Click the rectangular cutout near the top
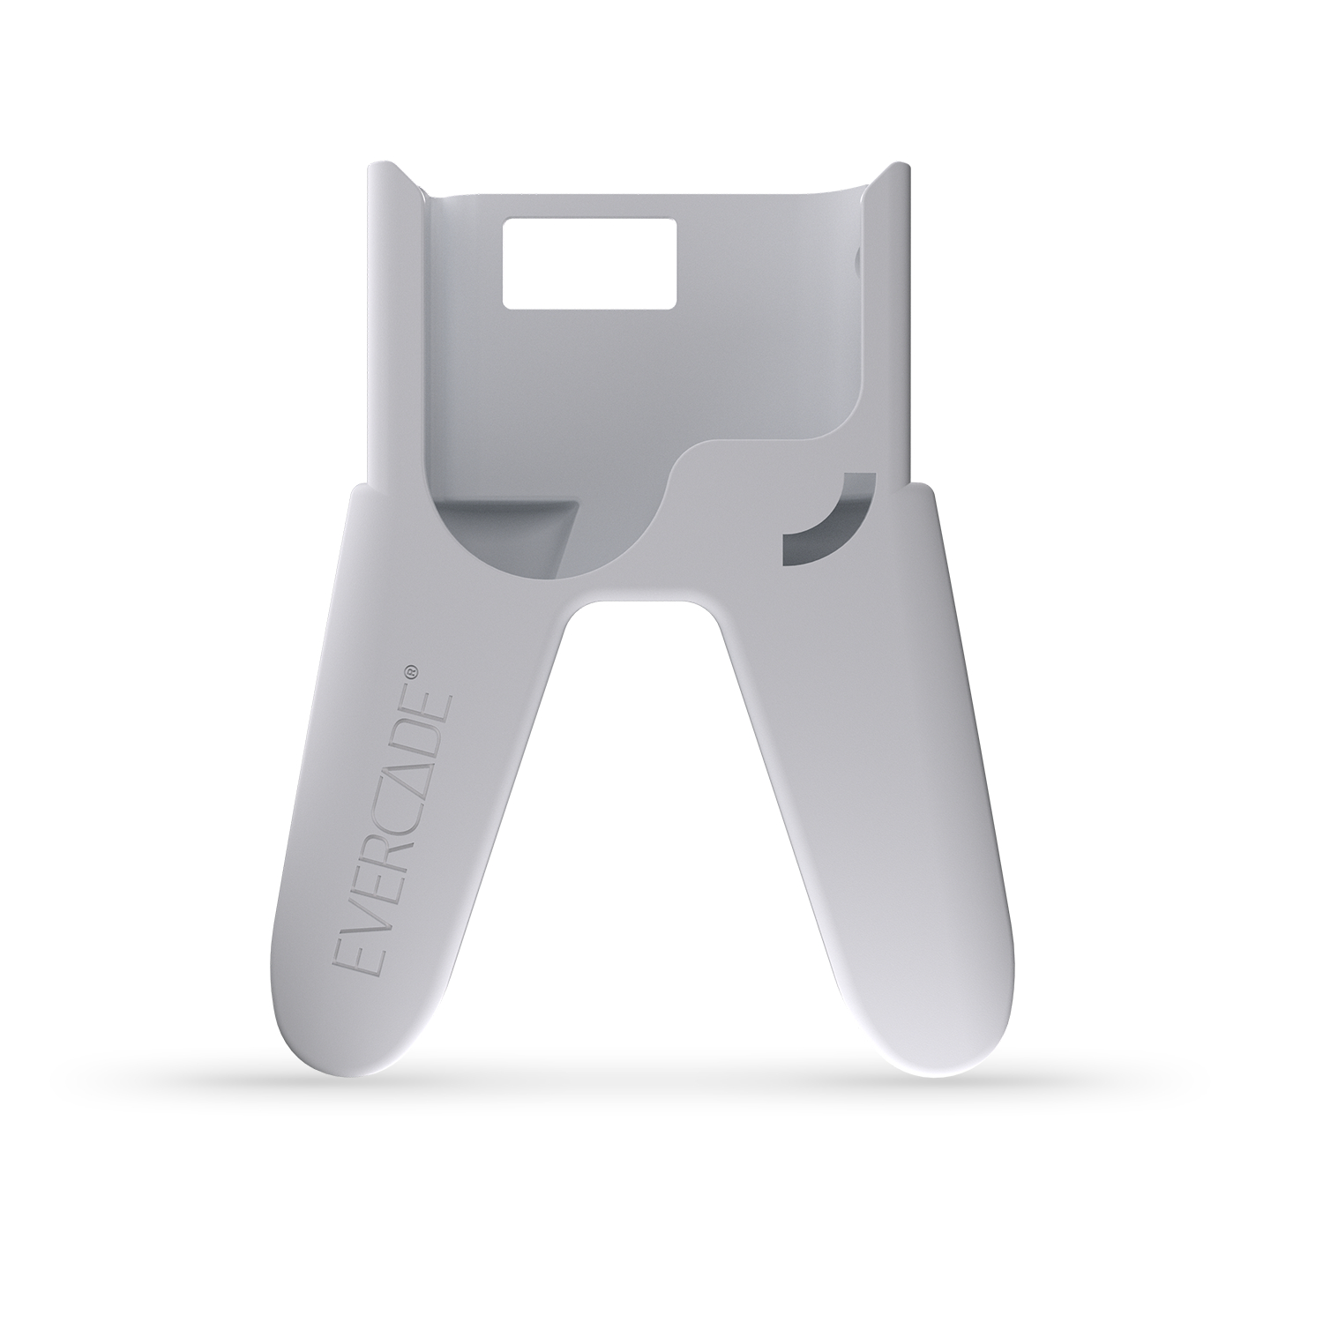[589, 264]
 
